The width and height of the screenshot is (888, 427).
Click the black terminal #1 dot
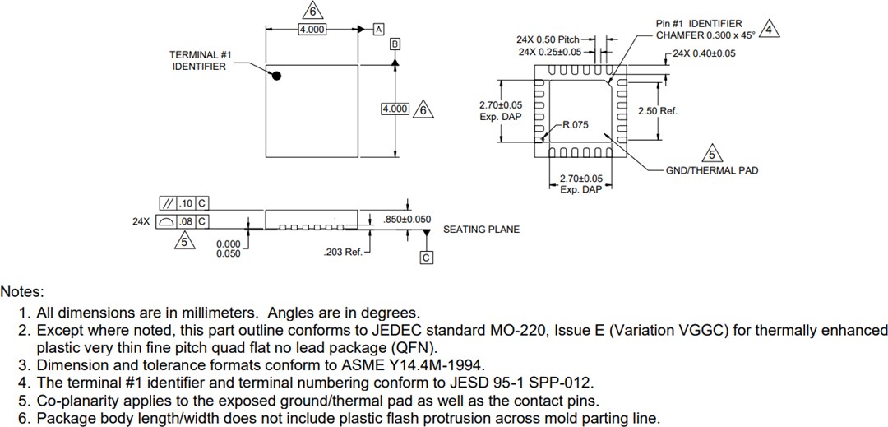coord(277,76)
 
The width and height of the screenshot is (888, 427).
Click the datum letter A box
coord(379,29)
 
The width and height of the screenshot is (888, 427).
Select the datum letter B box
coord(395,44)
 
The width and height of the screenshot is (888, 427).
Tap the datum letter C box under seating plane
coord(426,258)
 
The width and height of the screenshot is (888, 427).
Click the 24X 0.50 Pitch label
coord(548,39)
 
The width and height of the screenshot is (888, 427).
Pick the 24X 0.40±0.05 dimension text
coord(704,53)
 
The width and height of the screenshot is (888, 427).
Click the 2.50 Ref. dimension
coord(657,111)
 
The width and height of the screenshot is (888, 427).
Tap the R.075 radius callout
coord(575,125)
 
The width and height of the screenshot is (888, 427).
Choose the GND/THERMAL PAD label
coord(712,170)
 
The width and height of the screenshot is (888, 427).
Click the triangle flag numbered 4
coord(768,30)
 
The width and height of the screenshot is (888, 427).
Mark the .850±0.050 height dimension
coord(407,220)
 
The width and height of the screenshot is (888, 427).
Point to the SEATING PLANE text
coord(481,230)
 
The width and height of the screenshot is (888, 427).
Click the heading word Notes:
coord(22,291)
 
